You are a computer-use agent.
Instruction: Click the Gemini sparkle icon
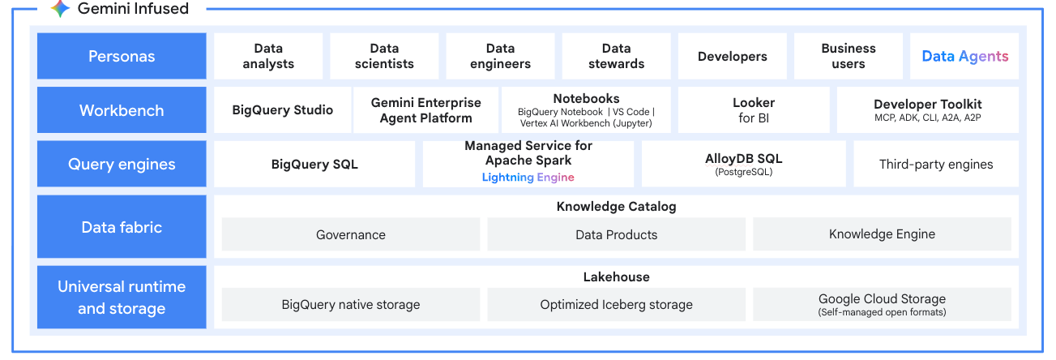(x=60, y=9)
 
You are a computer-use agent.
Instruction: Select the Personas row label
(x=122, y=56)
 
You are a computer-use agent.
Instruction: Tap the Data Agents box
(x=964, y=56)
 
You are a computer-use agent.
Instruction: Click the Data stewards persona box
(x=616, y=56)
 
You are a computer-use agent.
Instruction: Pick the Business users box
(x=848, y=56)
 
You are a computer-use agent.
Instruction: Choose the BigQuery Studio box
(x=282, y=110)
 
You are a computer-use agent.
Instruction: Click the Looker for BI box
(x=754, y=110)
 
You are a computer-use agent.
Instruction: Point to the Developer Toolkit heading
(x=927, y=104)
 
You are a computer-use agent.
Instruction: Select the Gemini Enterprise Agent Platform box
(x=425, y=110)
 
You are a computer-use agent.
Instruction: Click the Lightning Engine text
(x=528, y=177)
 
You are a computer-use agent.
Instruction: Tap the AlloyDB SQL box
(x=743, y=164)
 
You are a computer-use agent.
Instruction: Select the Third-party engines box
(x=935, y=164)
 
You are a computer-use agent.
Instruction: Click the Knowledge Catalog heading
(x=616, y=207)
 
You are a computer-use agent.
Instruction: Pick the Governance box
(x=350, y=234)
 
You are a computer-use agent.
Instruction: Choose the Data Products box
(x=616, y=234)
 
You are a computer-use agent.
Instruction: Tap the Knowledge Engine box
(x=882, y=234)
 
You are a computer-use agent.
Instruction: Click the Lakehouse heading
(x=616, y=277)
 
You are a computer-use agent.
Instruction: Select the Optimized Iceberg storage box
(x=616, y=305)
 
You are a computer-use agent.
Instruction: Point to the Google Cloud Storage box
(x=882, y=304)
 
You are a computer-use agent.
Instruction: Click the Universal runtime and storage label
(x=122, y=298)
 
